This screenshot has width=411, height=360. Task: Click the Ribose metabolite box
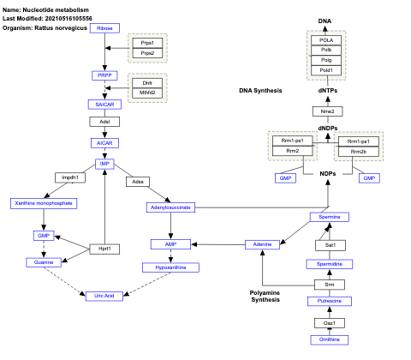pyautogui.click(x=104, y=28)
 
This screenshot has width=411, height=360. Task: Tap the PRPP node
pyautogui.click(x=104, y=75)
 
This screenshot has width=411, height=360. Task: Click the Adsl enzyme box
pyautogui.click(x=104, y=123)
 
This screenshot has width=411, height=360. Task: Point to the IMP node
pyautogui.click(x=104, y=163)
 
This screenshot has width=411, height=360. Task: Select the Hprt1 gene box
pyautogui.click(x=104, y=249)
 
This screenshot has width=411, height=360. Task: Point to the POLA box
pyautogui.click(x=326, y=39)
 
